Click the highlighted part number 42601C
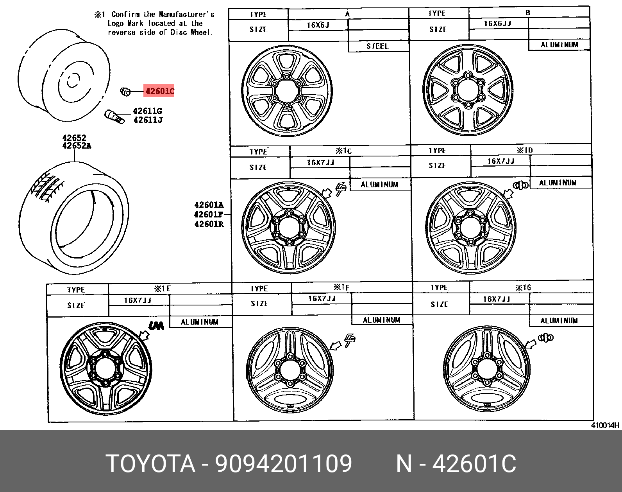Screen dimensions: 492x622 [x=159, y=92]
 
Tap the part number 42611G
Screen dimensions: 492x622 [x=147, y=111]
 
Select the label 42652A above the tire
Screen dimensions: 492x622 [x=77, y=145]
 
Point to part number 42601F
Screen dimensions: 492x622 [x=209, y=214]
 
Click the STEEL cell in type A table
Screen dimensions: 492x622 [x=377, y=46]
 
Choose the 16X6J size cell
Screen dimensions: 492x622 [x=318, y=25]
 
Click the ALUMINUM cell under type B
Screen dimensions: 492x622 [x=559, y=45]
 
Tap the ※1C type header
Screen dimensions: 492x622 [x=343, y=151]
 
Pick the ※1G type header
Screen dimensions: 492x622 [x=523, y=288]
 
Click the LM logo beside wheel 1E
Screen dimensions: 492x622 [x=156, y=325]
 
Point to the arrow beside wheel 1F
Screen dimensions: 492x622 [x=335, y=345]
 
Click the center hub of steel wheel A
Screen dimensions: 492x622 [x=287, y=92]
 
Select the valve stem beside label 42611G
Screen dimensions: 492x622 [x=114, y=117]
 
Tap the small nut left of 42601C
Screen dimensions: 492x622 [x=125, y=92]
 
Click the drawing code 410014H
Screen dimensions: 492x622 [x=605, y=425]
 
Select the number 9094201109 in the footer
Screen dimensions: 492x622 [x=283, y=464]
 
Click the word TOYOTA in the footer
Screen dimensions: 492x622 [x=150, y=464]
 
